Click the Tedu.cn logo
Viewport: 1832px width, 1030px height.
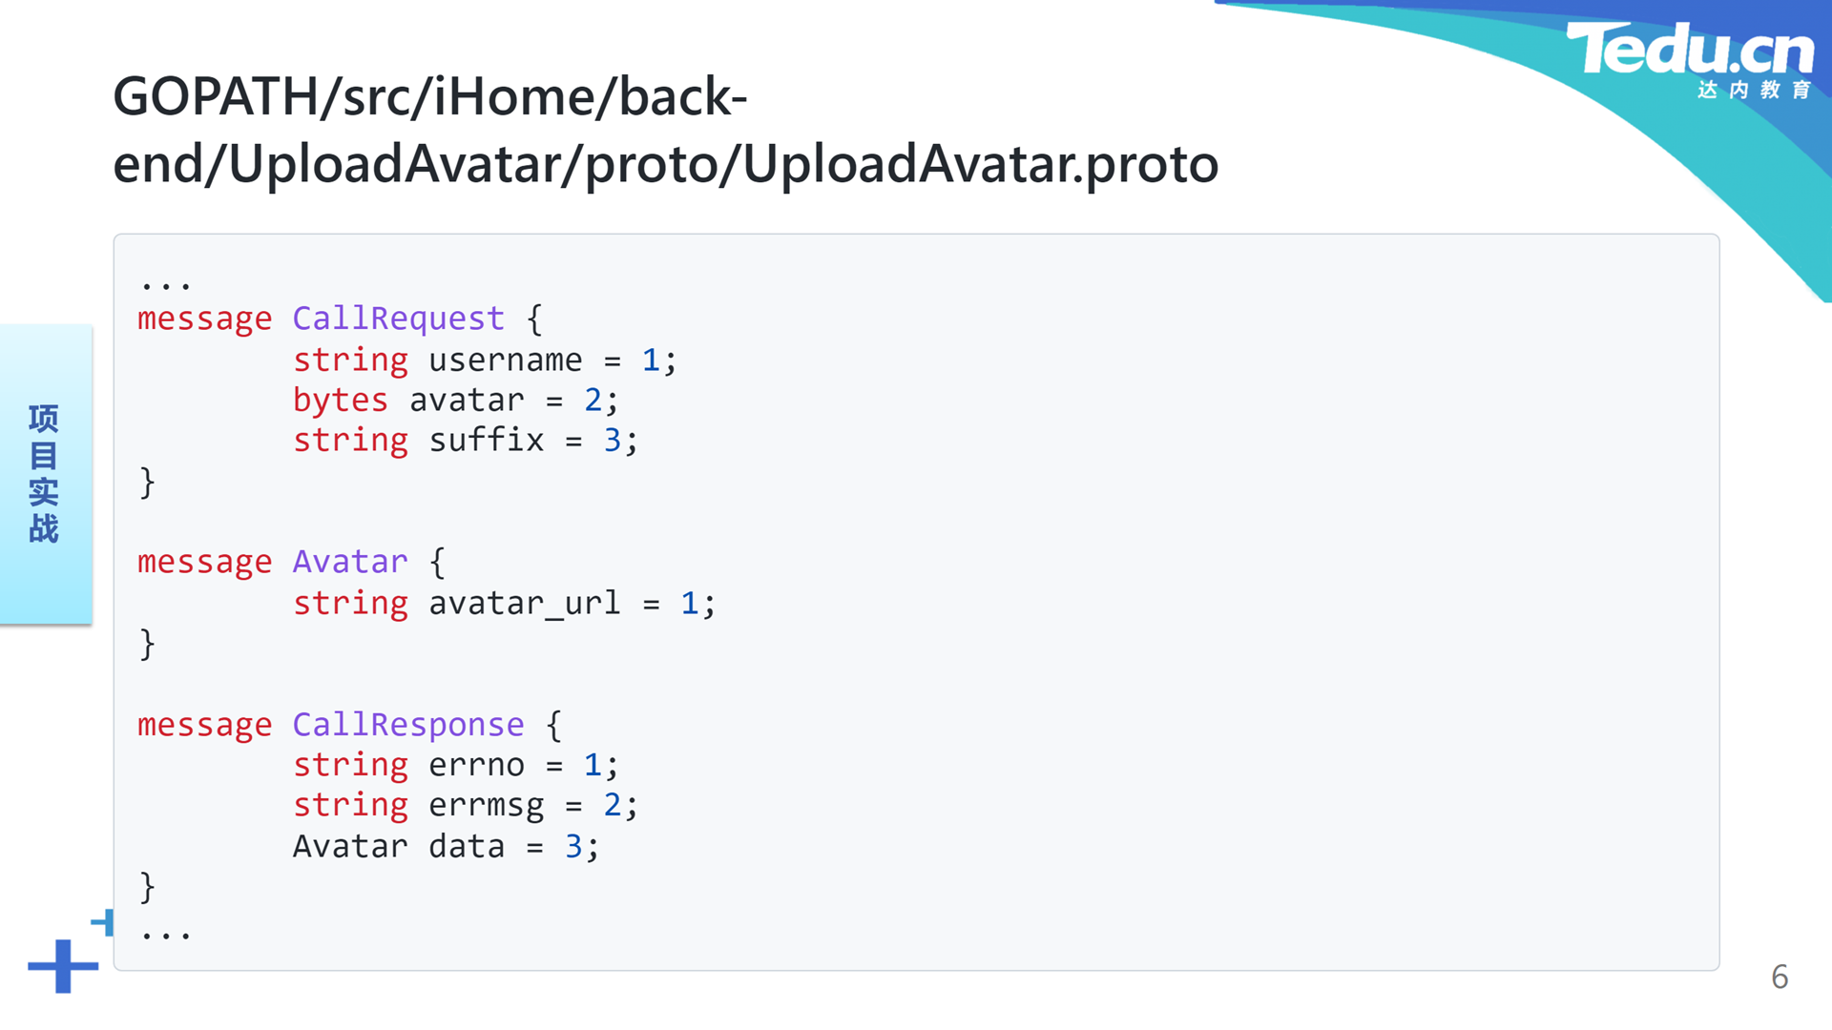[x=1690, y=59]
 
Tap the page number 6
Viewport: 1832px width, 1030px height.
[x=1780, y=977]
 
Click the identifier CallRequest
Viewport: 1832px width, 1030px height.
[x=398, y=319]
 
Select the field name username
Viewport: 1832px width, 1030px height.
[x=505, y=360]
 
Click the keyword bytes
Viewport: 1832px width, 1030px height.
[x=340, y=401]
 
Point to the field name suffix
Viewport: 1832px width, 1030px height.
[x=486, y=440]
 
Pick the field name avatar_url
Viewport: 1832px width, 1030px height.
[x=524, y=603]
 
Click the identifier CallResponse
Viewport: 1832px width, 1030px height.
[x=407, y=725]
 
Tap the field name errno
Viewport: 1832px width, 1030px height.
[x=476, y=766]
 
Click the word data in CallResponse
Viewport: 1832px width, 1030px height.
[x=466, y=847]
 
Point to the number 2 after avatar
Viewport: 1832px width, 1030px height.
[x=593, y=401]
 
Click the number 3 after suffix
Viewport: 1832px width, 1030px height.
[x=612, y=440]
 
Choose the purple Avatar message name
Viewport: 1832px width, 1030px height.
[x=349, y=562]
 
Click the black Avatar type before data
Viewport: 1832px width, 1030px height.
[x=349, y=847]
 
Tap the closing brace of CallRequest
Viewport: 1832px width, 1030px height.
[x=147, y=483]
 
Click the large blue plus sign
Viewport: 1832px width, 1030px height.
[x=63, y=966]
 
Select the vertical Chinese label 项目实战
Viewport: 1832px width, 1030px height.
[x=44, y=473]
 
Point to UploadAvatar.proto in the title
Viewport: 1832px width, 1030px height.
[x=981, y=164]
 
